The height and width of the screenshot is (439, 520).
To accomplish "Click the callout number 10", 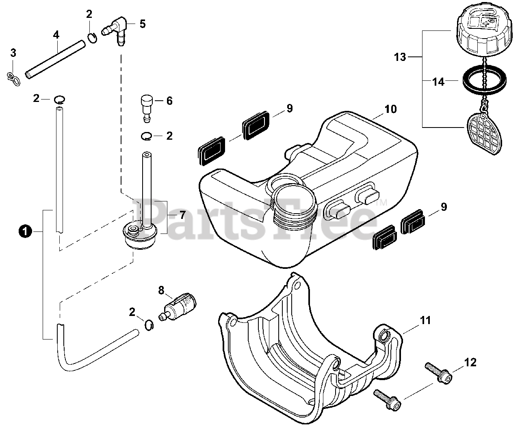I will click(x=391, y=109).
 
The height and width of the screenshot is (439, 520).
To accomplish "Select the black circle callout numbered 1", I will click(x=25, y=231).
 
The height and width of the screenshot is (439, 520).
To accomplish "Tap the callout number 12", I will click(x=470, y=362).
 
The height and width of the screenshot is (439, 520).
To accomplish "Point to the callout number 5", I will click(x=142, y=24).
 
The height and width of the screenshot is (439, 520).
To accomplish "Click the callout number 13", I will click(x=400, y=57).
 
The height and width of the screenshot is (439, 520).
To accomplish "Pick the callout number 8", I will click(x=161, y=290).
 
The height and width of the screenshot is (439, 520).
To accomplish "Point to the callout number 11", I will click(x=425, y=320).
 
